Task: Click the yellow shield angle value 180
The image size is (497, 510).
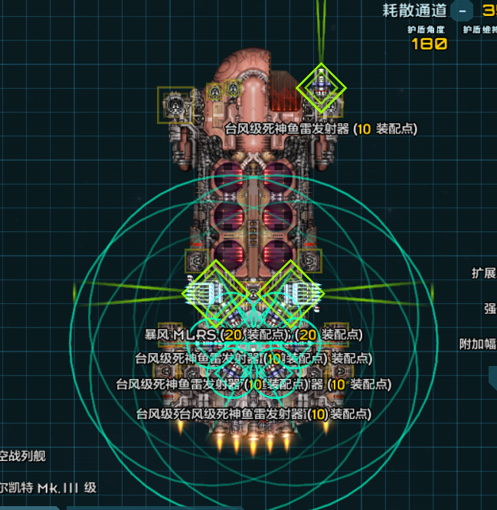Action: tap(429, 44)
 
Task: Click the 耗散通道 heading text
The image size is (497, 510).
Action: tap(414, 10)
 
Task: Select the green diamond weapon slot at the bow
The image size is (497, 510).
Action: tap(322, 87)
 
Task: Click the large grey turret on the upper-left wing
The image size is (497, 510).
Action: tap(174, 105)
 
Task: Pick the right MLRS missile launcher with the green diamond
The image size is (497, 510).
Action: tap(291, 292)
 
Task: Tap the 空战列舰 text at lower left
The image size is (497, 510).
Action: tap(23, 456)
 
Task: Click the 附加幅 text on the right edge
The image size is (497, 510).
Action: tap(478, 344)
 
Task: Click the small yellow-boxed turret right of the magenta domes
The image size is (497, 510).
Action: tap(310, 260)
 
